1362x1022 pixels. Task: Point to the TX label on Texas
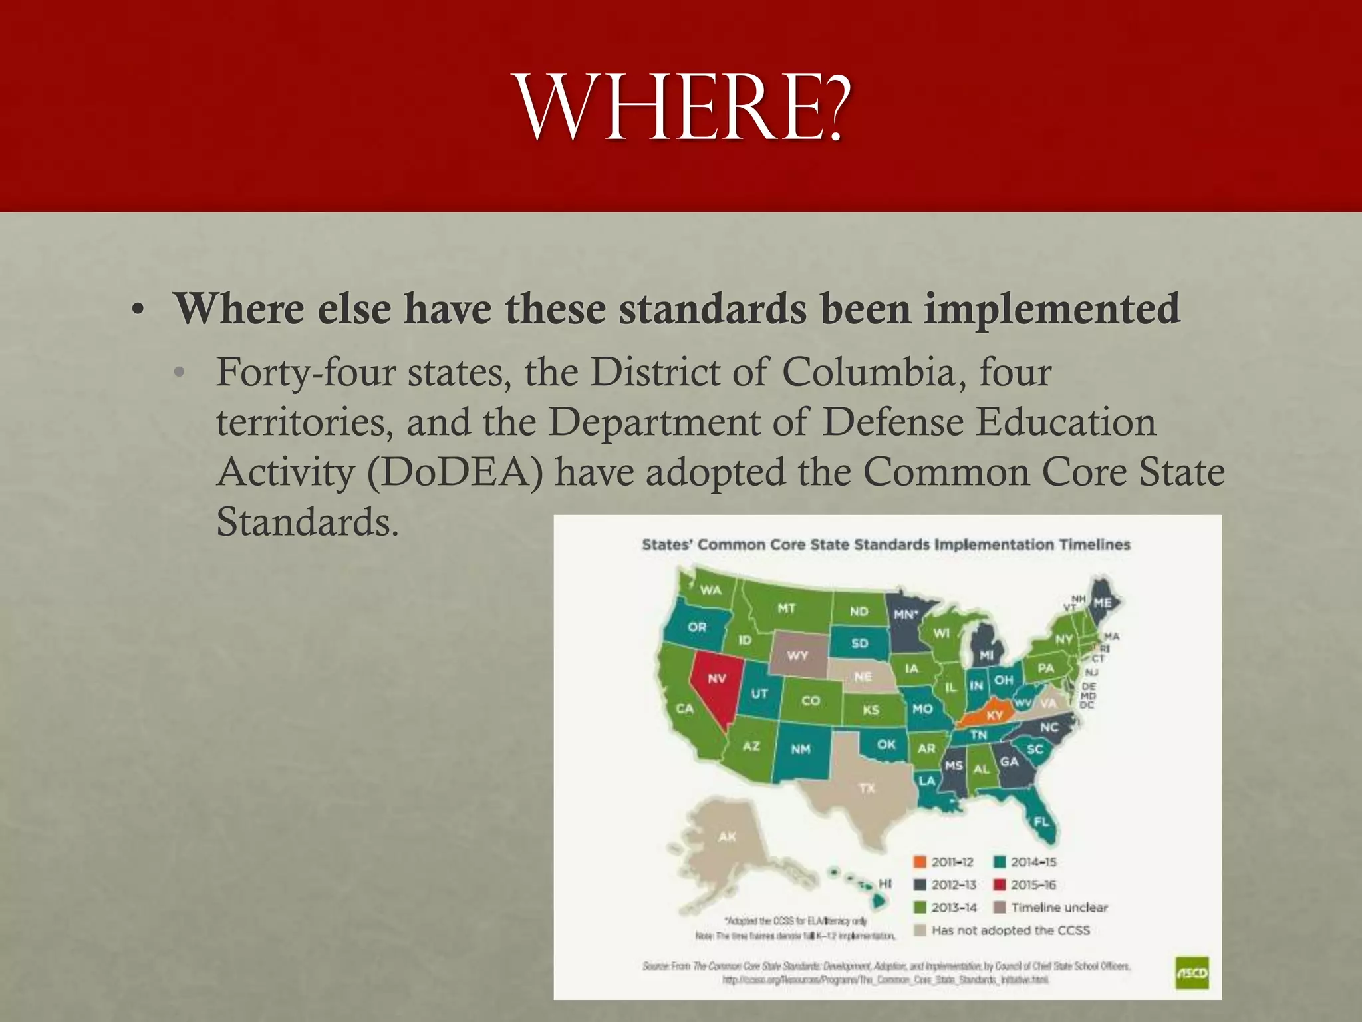coord(867,788)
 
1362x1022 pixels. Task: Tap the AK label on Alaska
coord(727,836)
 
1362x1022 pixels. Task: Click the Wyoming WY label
coord(797,655)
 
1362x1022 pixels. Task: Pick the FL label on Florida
coord(1041,822)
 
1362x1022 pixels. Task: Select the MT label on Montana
coord(787,608)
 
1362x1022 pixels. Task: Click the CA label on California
coord(685,709)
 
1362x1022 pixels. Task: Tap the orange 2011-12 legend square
coord(920,862)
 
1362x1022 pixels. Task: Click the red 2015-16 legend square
coord(999,885)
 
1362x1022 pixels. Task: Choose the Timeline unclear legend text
coord(1059,908)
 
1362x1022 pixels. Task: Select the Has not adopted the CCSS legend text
coord(1010,930)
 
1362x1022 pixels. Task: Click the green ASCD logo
coord(1192,973)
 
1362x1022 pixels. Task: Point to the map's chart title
coord(886,545)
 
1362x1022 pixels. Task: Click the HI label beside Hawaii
coord(885,884)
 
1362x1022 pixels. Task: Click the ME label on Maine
coord(1102,603)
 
